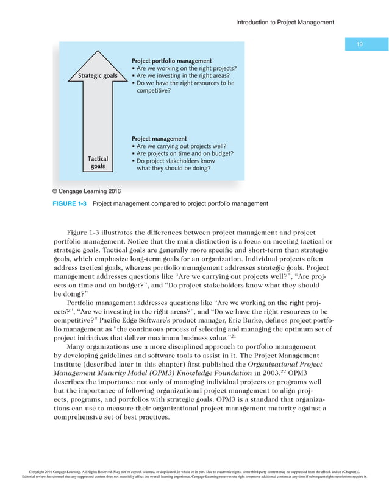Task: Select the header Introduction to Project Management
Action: pyautogui.click(x=285, y=23)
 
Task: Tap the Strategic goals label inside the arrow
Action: pyautogui.click(x=98, y=76)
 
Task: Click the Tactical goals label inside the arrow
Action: pyautogui.click(x=98, y=163)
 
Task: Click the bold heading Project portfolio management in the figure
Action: pyautogui.click(x=172, y=61)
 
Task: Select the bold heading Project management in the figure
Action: pyautogui.click(x=159, y=139)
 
